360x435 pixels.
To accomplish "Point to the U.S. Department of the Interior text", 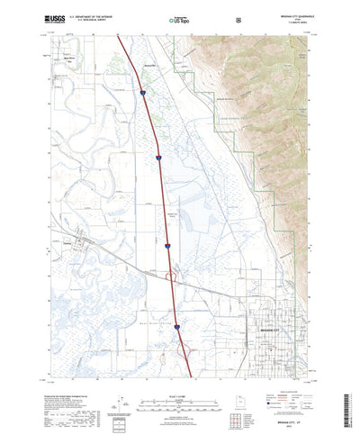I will tap(94, 15).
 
